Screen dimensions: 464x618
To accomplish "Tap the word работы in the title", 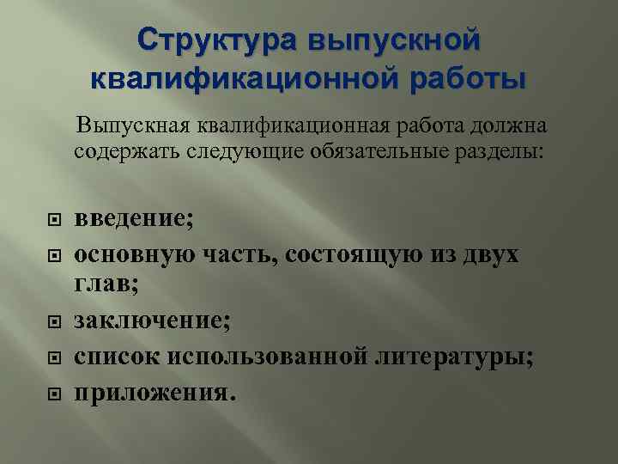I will [x=464, y=79].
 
